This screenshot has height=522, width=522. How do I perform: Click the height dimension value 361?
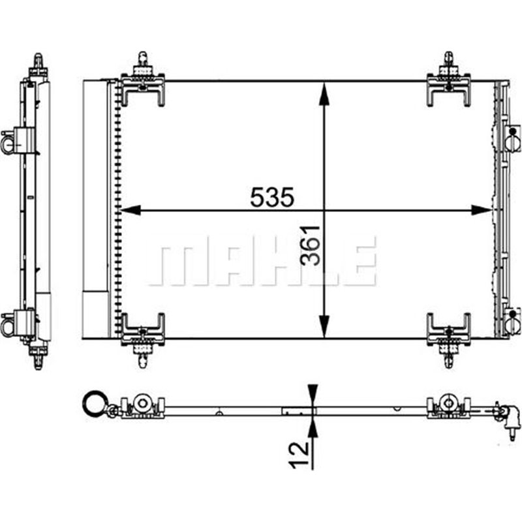coord(312,245)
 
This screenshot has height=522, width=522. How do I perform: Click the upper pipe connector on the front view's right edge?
coord(513,138)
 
